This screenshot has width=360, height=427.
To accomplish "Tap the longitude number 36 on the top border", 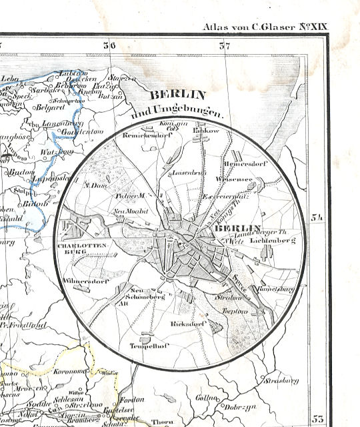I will coord(109,46).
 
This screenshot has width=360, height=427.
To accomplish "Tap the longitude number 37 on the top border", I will coord(225,46).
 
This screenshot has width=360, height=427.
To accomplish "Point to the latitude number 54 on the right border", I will coord(317,217).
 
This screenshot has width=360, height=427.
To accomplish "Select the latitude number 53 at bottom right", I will coord(317,418).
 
